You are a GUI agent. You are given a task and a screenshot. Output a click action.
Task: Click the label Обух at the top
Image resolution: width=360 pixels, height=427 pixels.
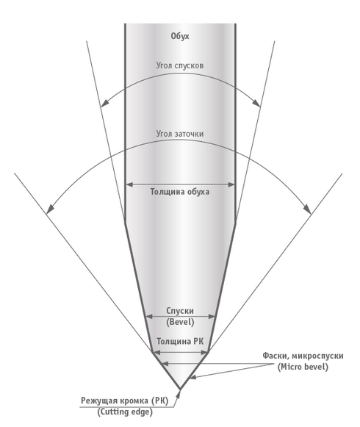[x=180, y=36]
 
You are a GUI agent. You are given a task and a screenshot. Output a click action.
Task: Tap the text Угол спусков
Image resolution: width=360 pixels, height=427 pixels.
[x=180, y=65]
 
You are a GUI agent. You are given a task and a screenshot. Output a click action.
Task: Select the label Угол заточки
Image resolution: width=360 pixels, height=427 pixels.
[x=180, y=134]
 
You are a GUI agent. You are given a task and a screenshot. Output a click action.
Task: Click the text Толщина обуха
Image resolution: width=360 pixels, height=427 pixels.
[x=180, y=192]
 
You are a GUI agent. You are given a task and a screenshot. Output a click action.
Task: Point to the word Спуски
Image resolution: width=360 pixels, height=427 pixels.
[x=180, y=311]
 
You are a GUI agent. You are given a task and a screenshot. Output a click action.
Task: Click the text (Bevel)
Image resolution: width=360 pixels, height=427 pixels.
[x=180, y=322]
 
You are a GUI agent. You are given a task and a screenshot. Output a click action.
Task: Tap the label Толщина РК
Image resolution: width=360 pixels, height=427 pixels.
[x=180, y=342]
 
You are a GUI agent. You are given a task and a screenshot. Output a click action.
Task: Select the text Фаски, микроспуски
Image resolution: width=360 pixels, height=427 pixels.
[x=303, y=356]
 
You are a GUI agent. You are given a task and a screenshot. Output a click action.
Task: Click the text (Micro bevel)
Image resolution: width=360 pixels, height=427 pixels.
[x=303, y=367]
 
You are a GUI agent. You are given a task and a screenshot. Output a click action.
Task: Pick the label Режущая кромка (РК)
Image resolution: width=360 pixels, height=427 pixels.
[x=125, y=401]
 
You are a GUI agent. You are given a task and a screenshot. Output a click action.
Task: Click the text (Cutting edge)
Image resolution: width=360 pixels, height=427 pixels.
[x=125, y=412]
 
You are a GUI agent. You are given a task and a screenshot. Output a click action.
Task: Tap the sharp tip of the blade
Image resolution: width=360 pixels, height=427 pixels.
[x=180, y=389]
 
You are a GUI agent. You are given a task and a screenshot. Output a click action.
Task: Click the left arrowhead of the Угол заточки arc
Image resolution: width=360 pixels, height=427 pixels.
[x=50, y=209]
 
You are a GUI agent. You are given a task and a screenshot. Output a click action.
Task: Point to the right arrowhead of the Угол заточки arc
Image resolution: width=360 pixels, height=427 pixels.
[x=307, y=209]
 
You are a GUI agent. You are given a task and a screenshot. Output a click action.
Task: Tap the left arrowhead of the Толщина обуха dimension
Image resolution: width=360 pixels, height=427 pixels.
[x=129, y=184]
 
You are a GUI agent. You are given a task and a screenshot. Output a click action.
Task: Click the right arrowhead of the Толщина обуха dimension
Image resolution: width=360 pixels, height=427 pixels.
[x=231, y=184]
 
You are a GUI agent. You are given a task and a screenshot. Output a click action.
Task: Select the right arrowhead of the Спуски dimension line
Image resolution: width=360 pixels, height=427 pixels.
[x=212, y=317]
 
